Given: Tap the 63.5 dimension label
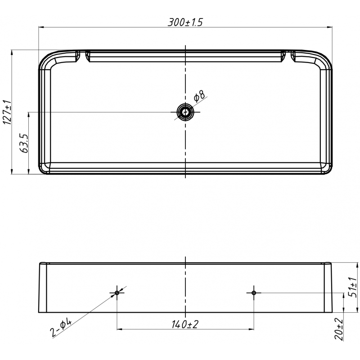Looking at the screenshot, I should point(25,143).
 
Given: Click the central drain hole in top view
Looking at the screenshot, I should point(185,112).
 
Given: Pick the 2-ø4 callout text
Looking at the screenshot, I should point(61,328).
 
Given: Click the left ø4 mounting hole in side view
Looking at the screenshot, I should point(117,293).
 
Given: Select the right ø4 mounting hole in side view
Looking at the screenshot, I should point(254,293).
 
